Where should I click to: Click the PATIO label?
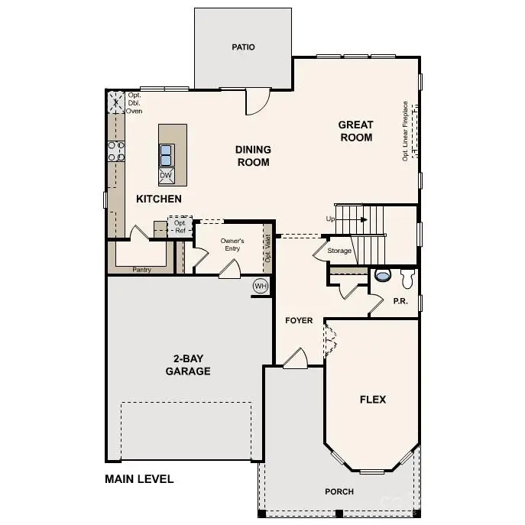click(x=243, y=47)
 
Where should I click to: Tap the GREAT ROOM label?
click(x=356, y=131)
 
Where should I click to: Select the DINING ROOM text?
click(x=253, y=156)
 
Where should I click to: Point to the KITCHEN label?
click(x=159, y=199)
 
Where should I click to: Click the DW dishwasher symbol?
click(x=166, y=176)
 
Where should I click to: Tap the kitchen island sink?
click(x=166, y=155)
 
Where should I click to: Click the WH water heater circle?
click(x=261, y=287)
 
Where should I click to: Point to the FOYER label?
click(x=299, y=320)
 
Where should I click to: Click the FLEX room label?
click(x=373, y=400)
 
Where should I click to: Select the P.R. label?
click(x=400, y=301)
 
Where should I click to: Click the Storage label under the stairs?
click(x=339, y=251)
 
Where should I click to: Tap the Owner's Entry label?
click(x=232, y=245)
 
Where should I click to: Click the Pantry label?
click(x=141, y=270)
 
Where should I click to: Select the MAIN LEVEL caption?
click(x=139, y=480)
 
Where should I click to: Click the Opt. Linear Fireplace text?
click(x=405, y=131)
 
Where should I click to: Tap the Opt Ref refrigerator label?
click(x=180, y=227)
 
